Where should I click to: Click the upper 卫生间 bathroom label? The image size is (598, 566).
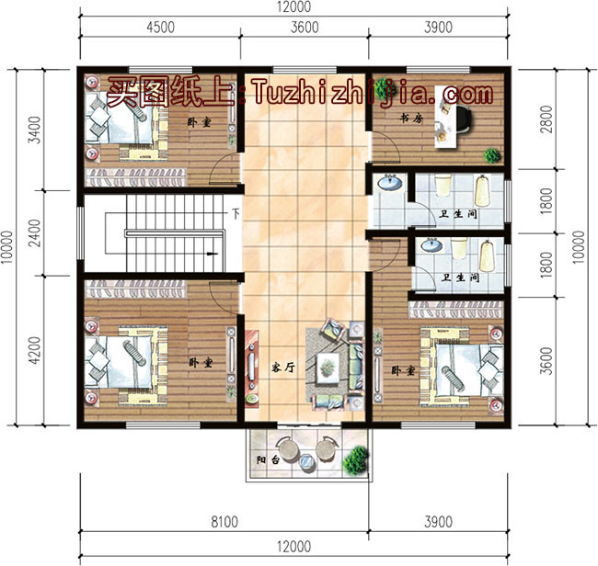[x=457, y=215]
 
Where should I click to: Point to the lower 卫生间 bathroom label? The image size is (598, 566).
[x=460, y=277]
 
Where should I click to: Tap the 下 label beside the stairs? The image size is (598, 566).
[x=236, y=216]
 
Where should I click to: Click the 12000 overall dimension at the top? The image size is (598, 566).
[x=292, y=6]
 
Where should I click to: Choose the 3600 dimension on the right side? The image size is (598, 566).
[x=547, y=361]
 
